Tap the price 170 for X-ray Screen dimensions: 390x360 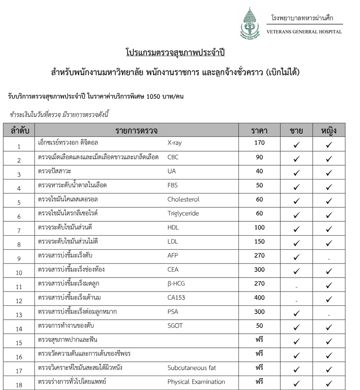259,143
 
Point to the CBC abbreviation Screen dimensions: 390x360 173,157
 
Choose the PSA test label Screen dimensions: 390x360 172,312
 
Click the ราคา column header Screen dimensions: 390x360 259,130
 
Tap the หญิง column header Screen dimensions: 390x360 329,130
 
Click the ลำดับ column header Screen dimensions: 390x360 19,130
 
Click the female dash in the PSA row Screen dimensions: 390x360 329,315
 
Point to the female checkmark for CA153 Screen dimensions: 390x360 329,299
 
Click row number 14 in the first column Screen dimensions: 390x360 19,329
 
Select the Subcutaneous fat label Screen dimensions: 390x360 191,368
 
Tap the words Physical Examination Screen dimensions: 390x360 196,382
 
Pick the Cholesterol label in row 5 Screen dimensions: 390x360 183,199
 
